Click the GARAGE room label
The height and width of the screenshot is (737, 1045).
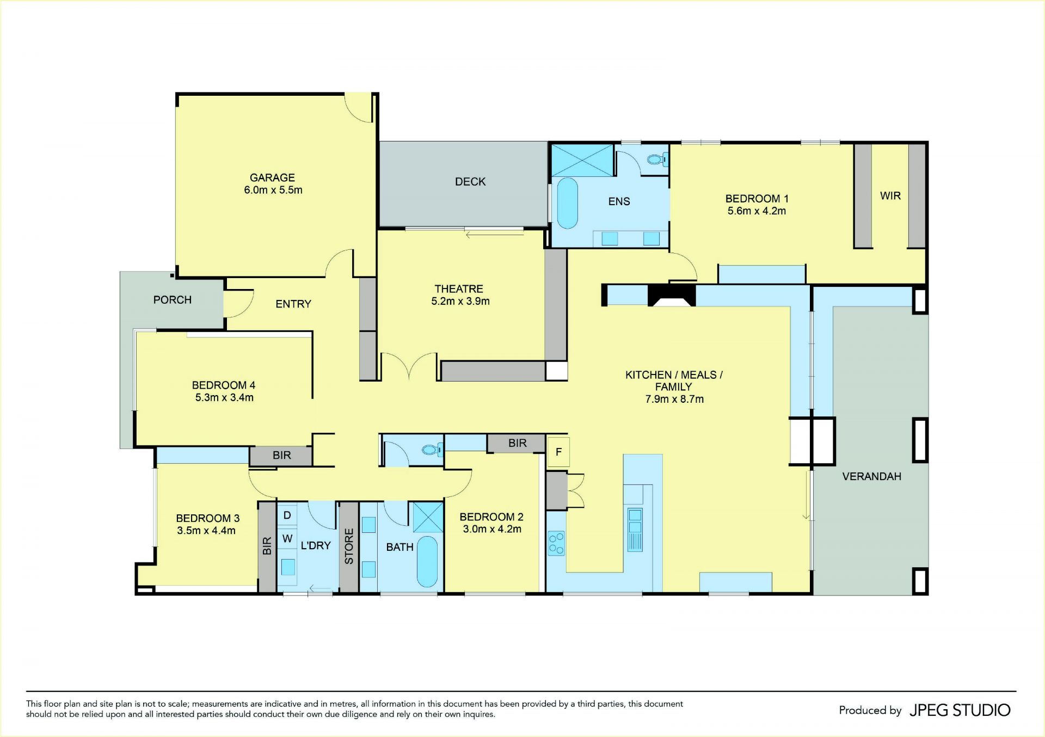[x=272, y=177]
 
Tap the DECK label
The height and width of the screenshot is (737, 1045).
[x=470, y=182]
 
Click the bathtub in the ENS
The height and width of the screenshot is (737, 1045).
[x=567, y=203]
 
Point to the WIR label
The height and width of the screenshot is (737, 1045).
[x=890, y=196]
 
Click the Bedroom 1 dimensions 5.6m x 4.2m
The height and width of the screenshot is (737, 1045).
[x=757, y=211]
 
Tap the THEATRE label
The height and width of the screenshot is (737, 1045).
[x=459, y=289]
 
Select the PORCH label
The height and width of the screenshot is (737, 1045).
[x=173, y=300]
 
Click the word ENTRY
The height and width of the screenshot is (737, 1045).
[x=293, y=304]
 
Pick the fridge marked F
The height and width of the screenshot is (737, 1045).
[x=558, y=452]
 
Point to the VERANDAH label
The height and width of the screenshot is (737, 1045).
[x=871, y=477]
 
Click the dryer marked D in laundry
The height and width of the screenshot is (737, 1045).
[x=287, y=515]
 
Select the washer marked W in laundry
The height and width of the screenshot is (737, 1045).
[x=287, y=539]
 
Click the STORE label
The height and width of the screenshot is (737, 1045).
[x=349, y=546]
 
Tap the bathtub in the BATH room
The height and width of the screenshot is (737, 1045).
[x=427, y=562]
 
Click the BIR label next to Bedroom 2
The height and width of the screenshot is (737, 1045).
[x=517, y=444]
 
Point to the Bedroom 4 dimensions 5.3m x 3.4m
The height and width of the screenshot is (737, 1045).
[x=224, y=398]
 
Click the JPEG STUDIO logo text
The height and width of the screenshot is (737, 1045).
[x=960, y=710]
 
